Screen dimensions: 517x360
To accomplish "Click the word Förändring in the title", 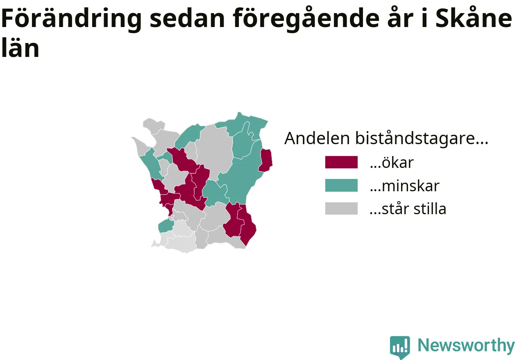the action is [x=71, y=19].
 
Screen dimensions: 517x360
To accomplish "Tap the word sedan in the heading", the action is [x=187, y=19].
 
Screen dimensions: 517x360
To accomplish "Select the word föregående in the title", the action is [x=306, y=19].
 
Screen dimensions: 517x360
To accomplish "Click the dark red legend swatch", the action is [x=341, y=162].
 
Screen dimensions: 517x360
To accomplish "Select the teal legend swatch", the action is [x=341, y=185].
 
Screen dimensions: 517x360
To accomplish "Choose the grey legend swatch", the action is [x=341, y=208].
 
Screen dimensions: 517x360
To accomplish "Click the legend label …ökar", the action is [x=392, y=163].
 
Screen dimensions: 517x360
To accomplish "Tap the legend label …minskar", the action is [x=405, y=186].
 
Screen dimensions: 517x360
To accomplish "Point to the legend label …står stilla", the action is [x=408, y=209].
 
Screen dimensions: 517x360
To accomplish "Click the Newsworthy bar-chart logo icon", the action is [x=400, y=347].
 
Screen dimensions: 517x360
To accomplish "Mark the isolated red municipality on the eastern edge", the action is [x=265, y=161].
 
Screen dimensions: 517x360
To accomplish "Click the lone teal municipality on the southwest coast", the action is [x=166, y=226].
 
